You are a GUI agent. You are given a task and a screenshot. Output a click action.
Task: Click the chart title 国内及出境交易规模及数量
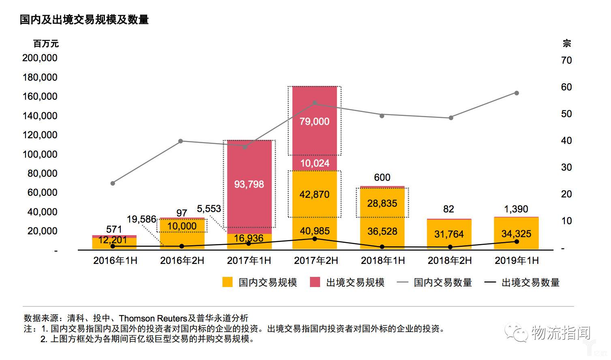click(84, 19)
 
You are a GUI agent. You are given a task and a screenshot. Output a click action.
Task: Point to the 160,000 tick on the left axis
click(40, 96)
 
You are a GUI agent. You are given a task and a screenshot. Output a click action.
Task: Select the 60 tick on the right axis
click(566, 87)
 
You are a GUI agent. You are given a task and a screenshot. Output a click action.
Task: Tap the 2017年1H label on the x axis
click(249, 261)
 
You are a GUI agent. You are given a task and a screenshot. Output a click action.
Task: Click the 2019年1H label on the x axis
click(517, 261)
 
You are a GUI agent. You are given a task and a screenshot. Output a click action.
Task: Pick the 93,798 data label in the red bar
click(249, 184)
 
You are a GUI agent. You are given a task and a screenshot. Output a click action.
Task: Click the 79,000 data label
click(314, 121)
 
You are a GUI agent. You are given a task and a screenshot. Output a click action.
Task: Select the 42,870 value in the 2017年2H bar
click(314, 195)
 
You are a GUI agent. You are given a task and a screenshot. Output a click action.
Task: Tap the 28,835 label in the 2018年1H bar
click(382, 204)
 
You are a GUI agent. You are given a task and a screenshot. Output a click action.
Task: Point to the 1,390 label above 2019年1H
click(516, 209)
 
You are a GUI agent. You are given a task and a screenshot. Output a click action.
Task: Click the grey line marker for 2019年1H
click(517, 93)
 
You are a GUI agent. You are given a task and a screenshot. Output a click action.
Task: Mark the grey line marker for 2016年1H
click(113, 183)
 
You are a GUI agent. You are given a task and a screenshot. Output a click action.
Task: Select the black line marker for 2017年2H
click(315, 238)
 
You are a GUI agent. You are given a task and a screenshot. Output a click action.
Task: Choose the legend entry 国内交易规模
click(267, 283)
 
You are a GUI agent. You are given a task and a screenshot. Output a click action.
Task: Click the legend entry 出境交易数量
click(530, 283)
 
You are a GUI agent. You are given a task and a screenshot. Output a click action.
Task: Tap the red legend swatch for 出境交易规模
click(315, 282)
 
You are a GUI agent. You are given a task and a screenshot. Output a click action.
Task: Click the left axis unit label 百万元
click(46, 44)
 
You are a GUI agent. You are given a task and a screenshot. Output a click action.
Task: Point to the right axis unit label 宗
click(566, 44)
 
